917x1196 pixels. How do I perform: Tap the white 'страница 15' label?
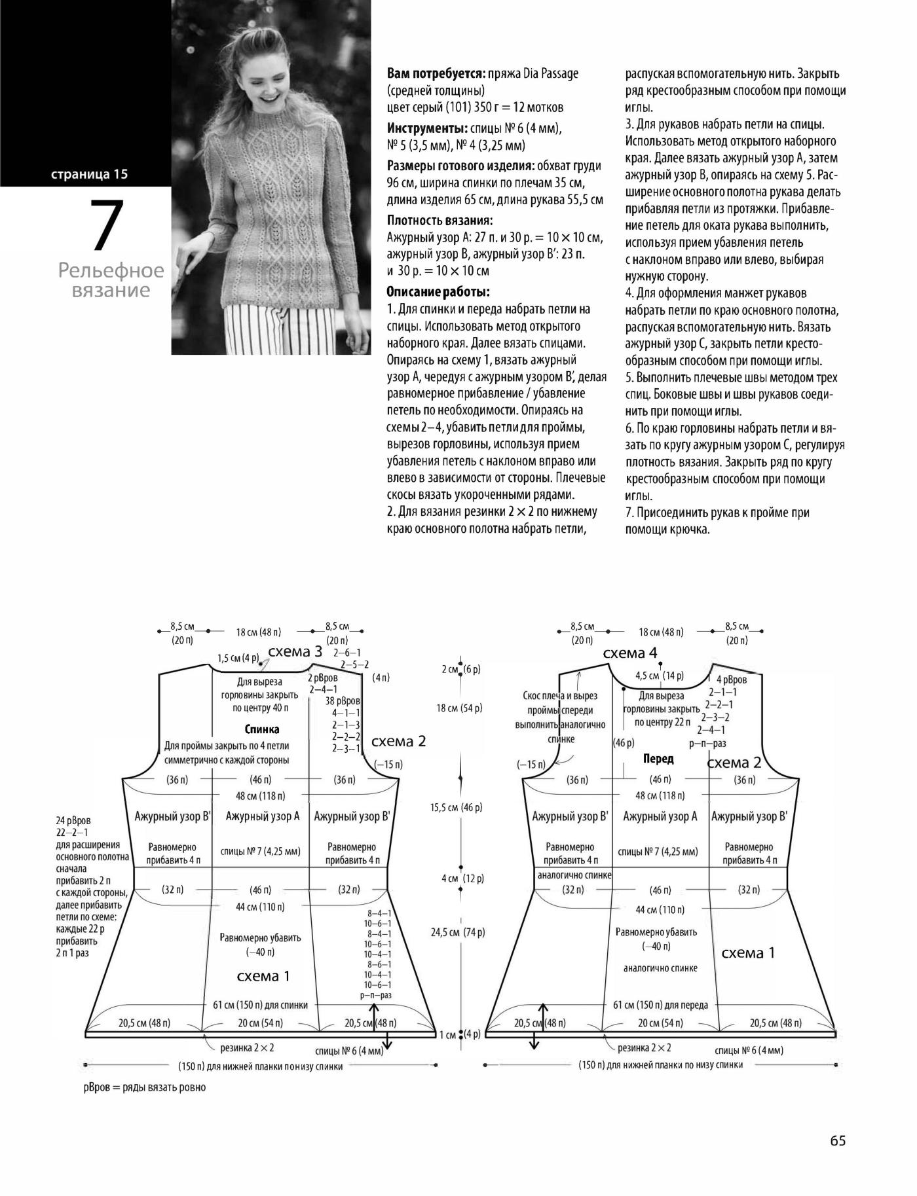[89, 174]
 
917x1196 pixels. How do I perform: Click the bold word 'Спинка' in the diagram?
[262, 729]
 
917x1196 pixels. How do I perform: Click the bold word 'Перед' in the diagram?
[658, 759]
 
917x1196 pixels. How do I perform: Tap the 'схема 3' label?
[295, 651]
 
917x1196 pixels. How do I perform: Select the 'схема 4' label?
[629, 653]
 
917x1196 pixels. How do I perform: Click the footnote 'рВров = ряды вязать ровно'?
[145, 1087]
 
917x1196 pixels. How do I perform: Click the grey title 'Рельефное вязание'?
[111, 280]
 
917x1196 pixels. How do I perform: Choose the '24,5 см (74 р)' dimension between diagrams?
[457, 932]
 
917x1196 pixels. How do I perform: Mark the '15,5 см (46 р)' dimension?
[457, 807]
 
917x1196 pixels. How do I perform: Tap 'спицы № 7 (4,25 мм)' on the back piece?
[261, 852]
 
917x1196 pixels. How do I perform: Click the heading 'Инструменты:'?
[427, 128]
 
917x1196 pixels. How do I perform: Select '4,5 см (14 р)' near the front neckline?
[660, 676]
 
